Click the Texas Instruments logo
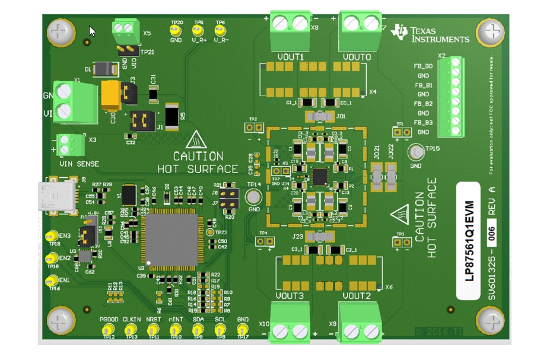coord(431,34)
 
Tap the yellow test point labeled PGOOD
coord(108,329)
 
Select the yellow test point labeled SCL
coord(220,329)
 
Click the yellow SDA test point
coord(198,329)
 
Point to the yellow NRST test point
coord(154,329)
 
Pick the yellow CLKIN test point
coord(131,329)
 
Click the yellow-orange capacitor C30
coord(110,95)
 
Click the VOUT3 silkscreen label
coord(290,295)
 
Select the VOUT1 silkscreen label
coord(290,57)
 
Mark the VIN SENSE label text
coord(79,164)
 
